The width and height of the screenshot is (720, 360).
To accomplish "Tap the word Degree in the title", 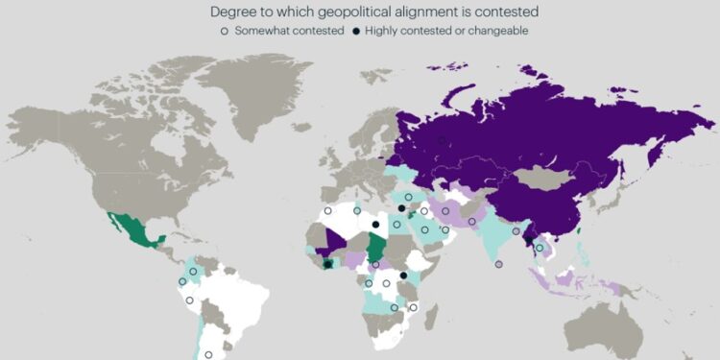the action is pos(235,12).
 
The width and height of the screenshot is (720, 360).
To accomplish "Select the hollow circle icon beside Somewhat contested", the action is pos(225,31).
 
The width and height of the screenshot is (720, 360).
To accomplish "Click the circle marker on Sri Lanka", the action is pos(498,264).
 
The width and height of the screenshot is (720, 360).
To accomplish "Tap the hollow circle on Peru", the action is pos(189,300).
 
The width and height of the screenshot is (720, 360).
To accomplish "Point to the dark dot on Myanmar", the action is pos(526,240).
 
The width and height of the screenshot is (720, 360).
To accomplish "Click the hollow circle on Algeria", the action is pos(327,210).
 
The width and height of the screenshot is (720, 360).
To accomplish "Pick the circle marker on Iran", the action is pos(444,210).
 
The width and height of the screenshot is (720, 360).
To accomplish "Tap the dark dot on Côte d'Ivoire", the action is pos(328,264).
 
